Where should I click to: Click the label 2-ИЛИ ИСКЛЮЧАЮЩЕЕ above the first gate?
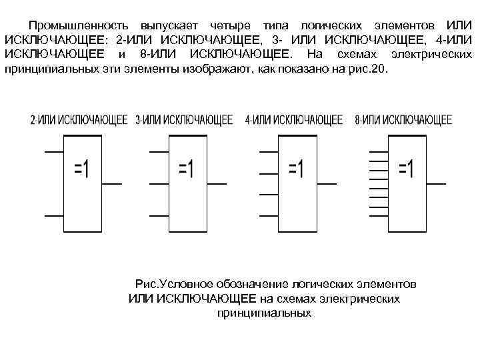click(79, 121)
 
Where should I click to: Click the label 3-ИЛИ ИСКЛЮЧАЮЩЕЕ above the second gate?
click(184, 121)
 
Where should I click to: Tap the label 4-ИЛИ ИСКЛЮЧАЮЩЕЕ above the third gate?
click(293, 121)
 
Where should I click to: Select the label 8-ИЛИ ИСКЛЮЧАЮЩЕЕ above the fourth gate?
click(403, 121)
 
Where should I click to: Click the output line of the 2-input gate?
click(111, 183)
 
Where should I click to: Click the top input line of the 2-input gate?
click(53, 153)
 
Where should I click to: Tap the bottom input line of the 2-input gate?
click(53, 215)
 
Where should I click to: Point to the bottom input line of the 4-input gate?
click(269, 215)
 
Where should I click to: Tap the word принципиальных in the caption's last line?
click(264, 312)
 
